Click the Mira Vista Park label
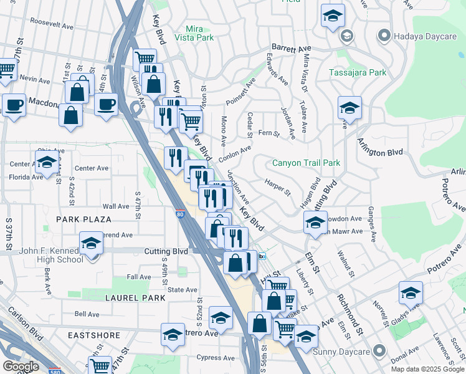coord(200,34)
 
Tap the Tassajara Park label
coord(358,72)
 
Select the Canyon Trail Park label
coord(306,163)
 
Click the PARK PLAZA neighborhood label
coord(83,219)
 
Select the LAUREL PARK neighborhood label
coord(135,298)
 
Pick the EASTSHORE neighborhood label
coord(95,335)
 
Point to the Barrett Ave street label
coord(290,48)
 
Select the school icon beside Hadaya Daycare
coord(333,16)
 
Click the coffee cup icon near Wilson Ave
coord(106,103)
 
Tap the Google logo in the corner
coord(21,366)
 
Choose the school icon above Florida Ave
coord(47,163)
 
